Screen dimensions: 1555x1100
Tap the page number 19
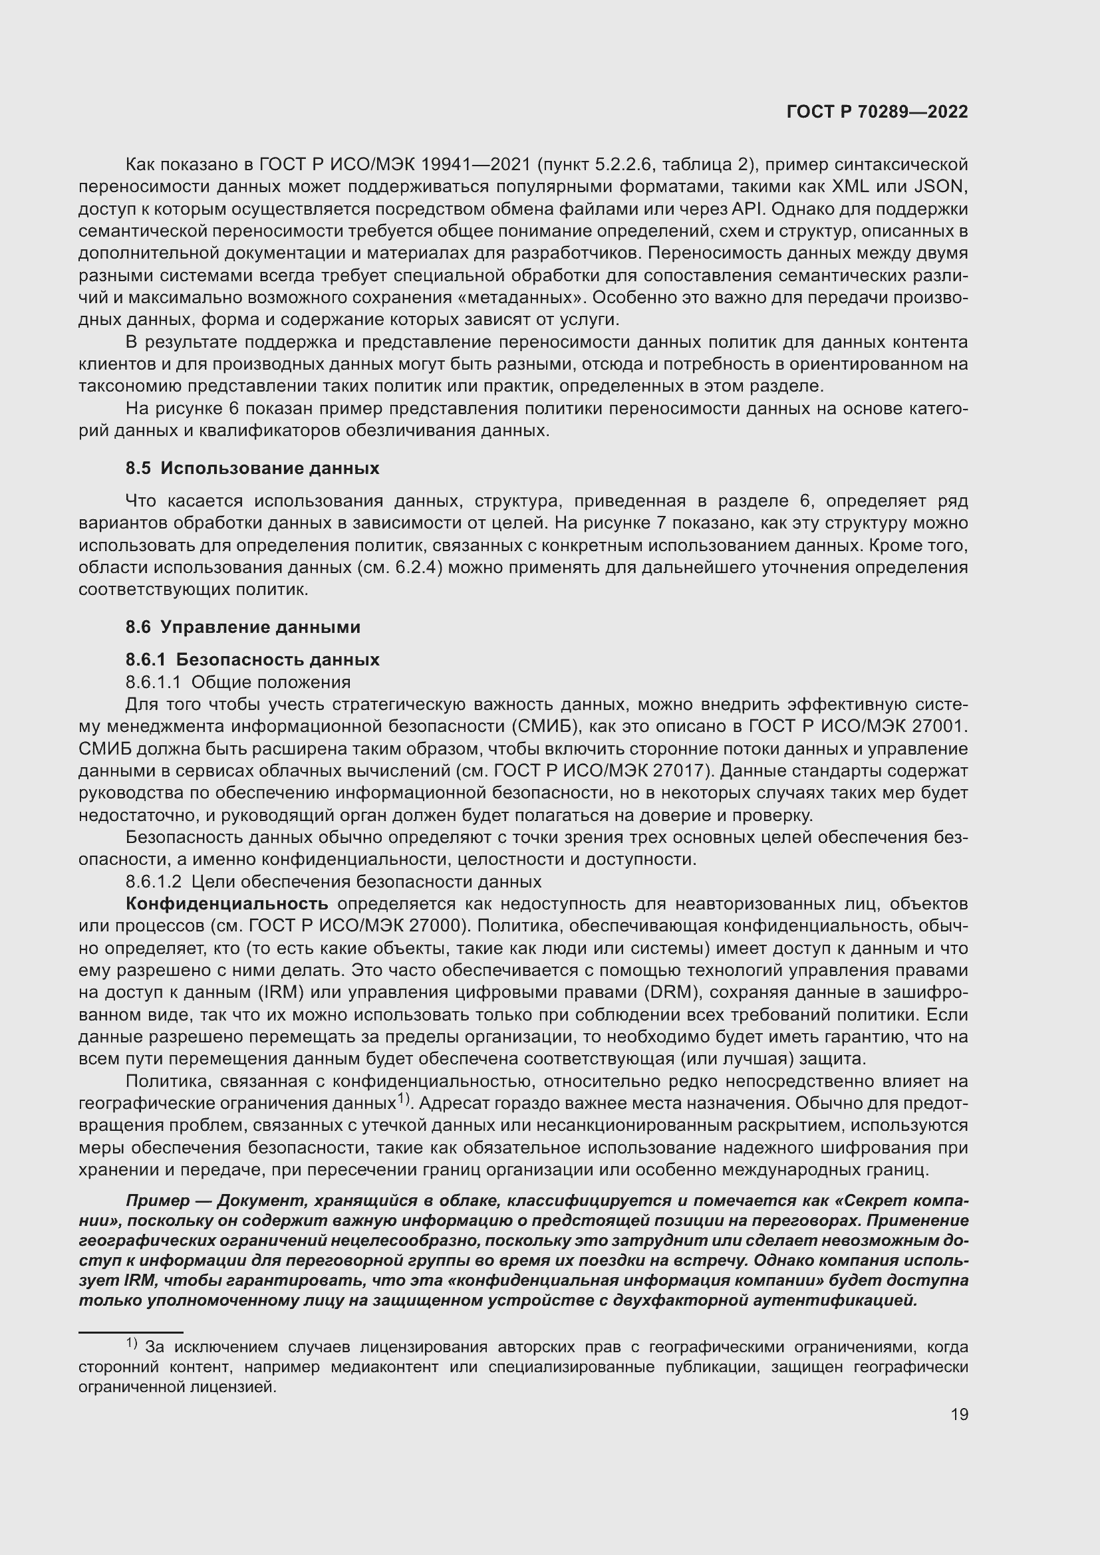point(959,1414)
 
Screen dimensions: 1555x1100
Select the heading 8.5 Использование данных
point(252,468)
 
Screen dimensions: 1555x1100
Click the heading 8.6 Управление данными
point(243,626)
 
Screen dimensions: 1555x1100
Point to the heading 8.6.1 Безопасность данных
point(252,659)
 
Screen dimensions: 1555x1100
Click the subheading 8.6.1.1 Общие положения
point(237,681)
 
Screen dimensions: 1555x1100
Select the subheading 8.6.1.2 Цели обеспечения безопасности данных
point(333,881)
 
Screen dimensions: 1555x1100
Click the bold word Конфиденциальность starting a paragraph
point(227,903)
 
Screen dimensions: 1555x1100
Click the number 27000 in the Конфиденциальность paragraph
point(436,926)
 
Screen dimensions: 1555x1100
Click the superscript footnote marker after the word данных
point(404,1098)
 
